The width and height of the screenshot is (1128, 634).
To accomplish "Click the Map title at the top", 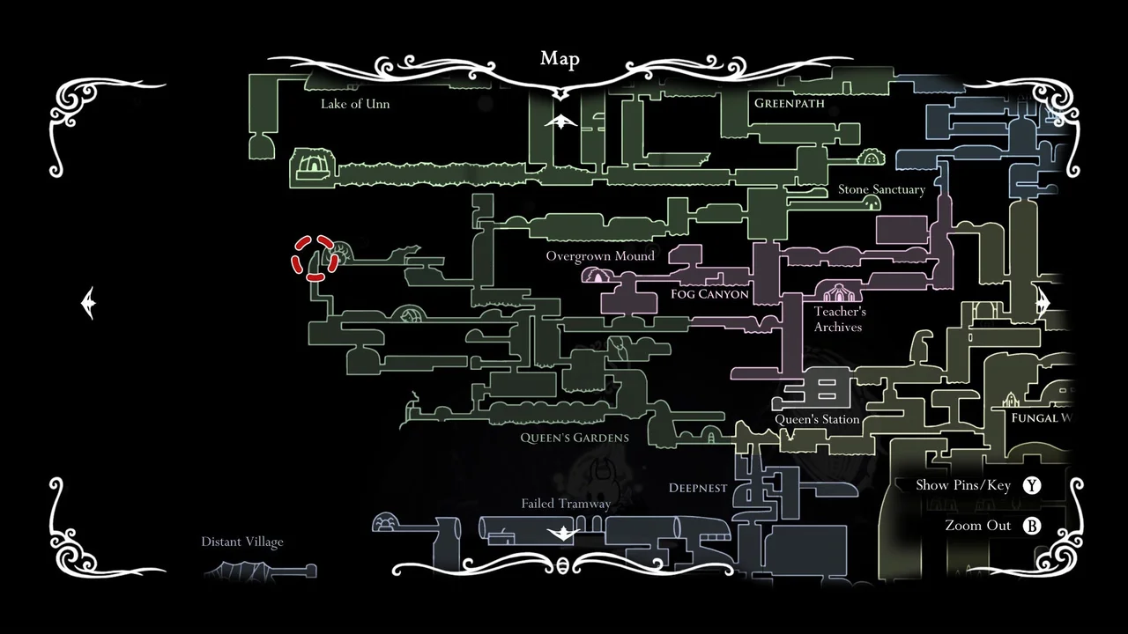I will [560, 59].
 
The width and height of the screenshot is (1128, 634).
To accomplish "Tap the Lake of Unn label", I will [355, 104].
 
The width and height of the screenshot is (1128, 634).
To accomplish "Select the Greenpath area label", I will [790, 103].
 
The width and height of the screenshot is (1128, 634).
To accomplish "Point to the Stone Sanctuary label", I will [881, 189].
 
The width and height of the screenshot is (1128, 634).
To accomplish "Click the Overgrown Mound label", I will [600, 256].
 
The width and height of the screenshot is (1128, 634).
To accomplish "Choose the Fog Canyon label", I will [709, 294].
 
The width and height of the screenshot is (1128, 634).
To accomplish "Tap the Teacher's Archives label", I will [839, 319].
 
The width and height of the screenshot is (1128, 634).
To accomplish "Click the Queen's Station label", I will [817, 419].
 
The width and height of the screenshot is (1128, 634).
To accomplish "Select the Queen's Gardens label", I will [575, 438].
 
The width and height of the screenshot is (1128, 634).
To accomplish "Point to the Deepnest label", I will [698, 488].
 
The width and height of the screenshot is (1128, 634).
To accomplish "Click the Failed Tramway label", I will [566, 504].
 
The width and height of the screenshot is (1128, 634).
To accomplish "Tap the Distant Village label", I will [242, 542].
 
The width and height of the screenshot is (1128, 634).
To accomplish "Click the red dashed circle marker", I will [315, 258].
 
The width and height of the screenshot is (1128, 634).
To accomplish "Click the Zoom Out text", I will [978, 526].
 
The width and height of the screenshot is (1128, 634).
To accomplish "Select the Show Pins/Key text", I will [963, 485].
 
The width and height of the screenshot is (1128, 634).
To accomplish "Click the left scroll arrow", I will [88, 303].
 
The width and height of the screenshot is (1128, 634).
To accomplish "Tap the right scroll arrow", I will [1043, 303].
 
